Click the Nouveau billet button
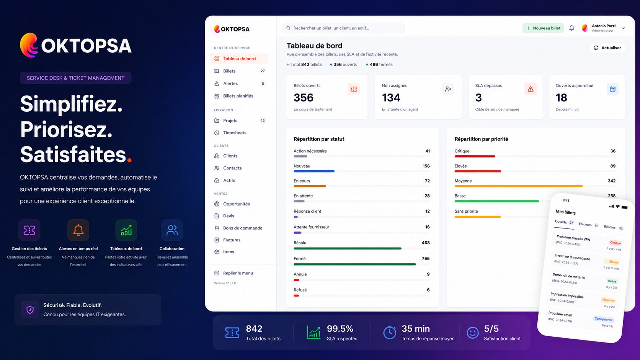pyautogui.click(x=543, y=28)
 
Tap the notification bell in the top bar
pyautogui.click(x=571, y=28)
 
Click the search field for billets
pyautogui.click(x=343, y=28)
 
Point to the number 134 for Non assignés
pyautogui.click(x=391, y=98)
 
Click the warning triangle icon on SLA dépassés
pyautogui.click(x=530, y=89)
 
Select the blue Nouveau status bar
pyautogui.click(x=314, y=171)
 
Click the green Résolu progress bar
pyautogui.click(x=348, y=249)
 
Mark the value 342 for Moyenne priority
pyautogui.click(x=611, y=181)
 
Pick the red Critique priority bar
pyautogui.click(x=475, y=156)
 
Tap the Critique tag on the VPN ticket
pyautogui.click(x=616, y=243)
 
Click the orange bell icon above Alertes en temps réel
pyautogui.click(x=78, y=230)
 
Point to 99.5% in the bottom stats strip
pyautogui.click(x=340, y=329)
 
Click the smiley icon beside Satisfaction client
pyautogui.click(x=473, y=332)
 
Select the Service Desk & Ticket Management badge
pyautogui.click(x=75, y=78)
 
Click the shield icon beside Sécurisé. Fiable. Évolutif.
pyautogui.click(x=30, y=310)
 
